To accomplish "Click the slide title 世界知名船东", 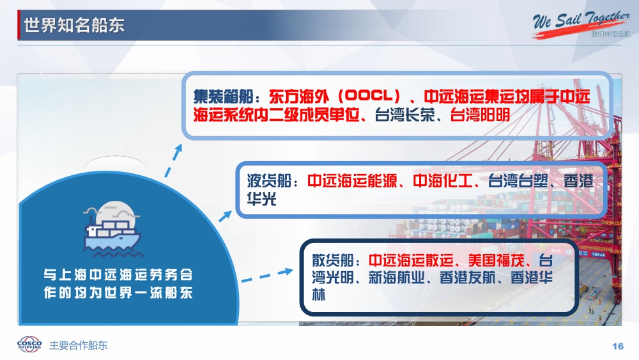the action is (x=73, y=26).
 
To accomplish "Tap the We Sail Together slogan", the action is (x=581, y=22).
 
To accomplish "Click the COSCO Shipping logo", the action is (x=29, y=345).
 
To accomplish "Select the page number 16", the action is (x=618, y=346).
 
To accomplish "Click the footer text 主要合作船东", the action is (x=78, y=345).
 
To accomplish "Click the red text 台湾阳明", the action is (x=480, y=115).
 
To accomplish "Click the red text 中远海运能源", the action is (x=352, y=180).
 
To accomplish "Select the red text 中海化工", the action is (x=443, y=180).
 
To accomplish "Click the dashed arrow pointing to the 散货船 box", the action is (x=267, y=275).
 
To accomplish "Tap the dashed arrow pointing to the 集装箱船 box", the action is (x=173, y=160).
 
